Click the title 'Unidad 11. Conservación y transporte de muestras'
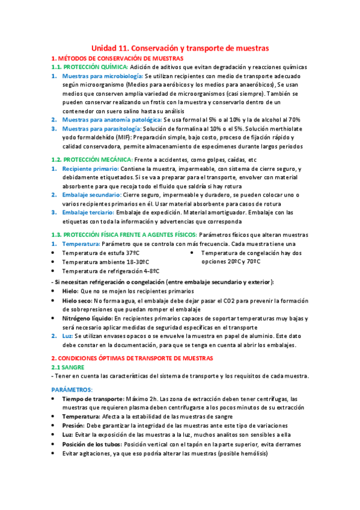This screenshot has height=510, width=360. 180,47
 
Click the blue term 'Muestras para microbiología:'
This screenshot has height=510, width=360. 102,76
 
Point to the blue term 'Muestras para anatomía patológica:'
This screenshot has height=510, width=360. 112,120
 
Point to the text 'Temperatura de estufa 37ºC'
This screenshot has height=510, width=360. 102,253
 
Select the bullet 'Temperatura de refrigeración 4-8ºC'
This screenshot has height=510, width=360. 115,271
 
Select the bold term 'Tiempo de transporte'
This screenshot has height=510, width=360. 93,399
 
